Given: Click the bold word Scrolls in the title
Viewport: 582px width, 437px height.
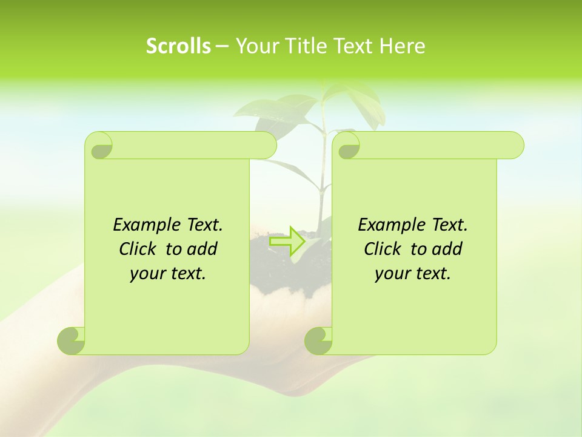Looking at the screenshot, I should (178, 46).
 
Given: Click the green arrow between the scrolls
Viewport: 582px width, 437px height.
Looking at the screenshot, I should (287, 241).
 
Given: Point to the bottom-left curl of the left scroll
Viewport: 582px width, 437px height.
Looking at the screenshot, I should (72, 340).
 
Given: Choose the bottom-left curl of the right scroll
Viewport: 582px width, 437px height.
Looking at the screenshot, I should (318, 340).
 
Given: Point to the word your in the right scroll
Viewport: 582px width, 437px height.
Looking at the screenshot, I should (392, 273).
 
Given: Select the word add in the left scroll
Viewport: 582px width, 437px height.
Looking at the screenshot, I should (202, 249).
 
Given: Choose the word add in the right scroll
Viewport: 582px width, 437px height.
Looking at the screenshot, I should (447, 249).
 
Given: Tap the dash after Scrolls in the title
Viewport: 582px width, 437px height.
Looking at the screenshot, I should (222, 46).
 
